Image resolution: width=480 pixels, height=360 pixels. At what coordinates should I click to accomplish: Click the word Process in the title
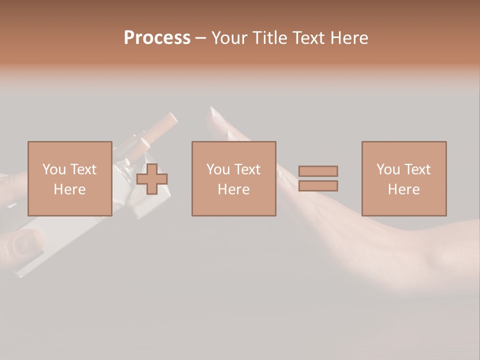[x=157, y=38]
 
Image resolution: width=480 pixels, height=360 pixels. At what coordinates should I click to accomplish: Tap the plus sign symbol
[x=152, y=179]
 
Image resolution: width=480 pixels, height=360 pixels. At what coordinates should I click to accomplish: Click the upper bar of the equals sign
[x=318, y=171]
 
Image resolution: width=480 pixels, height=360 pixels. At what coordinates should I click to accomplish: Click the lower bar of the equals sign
[x=318, y=186]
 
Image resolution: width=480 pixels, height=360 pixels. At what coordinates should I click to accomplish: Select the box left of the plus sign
[x=69, y=178]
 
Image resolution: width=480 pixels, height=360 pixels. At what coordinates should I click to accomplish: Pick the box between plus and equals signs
[x=233, y=178]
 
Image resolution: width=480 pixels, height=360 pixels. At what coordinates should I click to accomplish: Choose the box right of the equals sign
[x=403, y=178]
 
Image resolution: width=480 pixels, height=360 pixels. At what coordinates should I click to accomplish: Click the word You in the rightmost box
[x=388, y=169]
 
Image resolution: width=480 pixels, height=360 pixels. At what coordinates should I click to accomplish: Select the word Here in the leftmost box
[x=69, y=189]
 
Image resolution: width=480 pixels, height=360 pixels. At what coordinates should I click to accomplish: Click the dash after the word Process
[x=200, y=38]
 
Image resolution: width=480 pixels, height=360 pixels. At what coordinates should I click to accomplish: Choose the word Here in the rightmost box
[x=403, y=189]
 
